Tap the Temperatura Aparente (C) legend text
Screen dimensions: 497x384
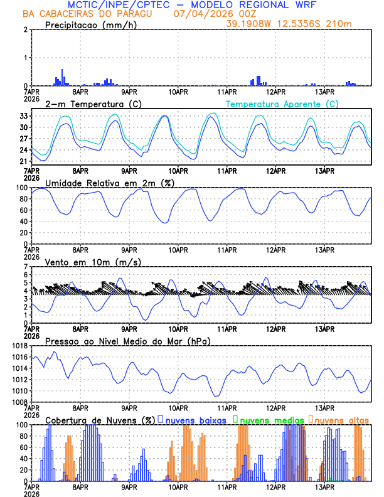[282, 104]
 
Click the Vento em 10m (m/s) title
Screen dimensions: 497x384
[93, 262]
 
